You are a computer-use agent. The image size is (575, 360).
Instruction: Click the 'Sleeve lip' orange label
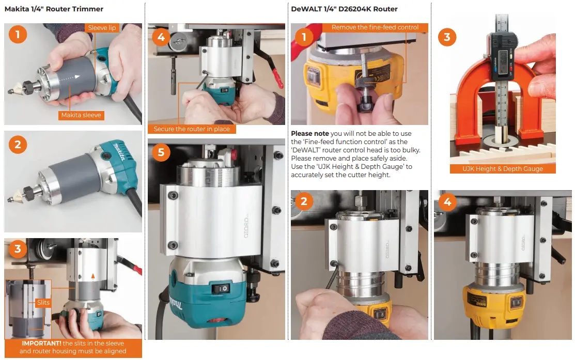coord(102,28)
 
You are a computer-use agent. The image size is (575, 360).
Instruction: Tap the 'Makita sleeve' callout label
coord(81,115)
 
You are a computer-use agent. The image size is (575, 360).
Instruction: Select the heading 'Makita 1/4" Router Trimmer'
coord(54,9)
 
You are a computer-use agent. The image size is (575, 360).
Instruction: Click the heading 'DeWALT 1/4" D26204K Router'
coord(344,9)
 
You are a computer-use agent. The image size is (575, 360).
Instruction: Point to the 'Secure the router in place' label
coord(192,129)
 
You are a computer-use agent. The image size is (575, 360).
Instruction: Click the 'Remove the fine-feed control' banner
coord(375,27)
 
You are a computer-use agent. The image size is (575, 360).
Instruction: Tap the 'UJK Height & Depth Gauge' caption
coord(502,169)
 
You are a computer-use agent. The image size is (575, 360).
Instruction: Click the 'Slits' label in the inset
coord(43,302)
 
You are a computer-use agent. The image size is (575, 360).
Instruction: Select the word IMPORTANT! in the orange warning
coord(41,343)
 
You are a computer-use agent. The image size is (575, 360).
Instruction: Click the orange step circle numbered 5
coord(161,152)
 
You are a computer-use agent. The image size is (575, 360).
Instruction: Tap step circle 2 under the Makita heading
coord(18,145)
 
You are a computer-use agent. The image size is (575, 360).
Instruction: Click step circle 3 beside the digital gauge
coord(447,37)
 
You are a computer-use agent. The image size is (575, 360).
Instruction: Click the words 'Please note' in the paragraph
coord(310,133)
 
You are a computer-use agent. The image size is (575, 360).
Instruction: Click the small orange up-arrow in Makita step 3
coord(93,276)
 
